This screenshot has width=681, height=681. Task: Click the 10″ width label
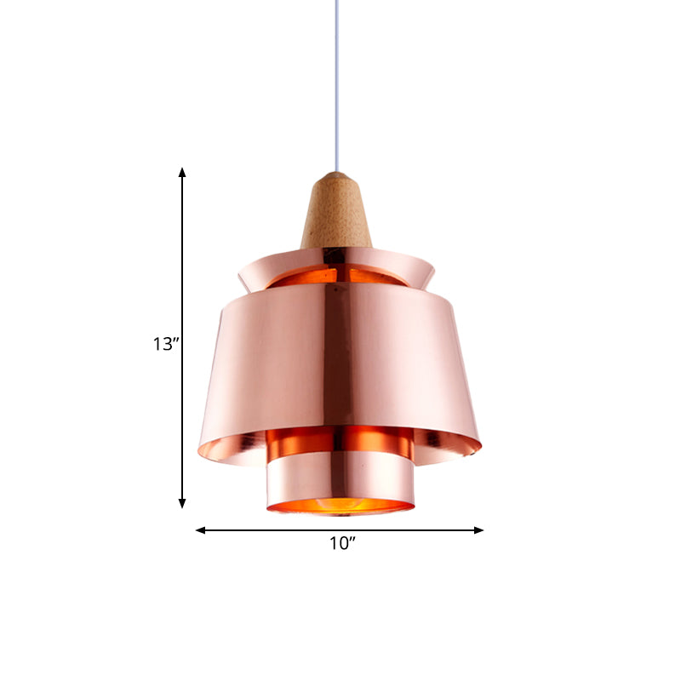pyautogui.click(x=342, y=544)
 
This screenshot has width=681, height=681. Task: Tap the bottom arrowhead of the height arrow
pyautogui.click(x=182, y=504)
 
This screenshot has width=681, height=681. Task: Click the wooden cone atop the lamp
pyautogui.click(x=336, y=217)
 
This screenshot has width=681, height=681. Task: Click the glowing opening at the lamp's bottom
pyautogui.click(x=340, y=507)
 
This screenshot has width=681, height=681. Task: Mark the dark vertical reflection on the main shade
pyautogui.click(x=338, y=358)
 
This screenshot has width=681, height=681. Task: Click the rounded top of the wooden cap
pyautogui.click(x=337, y=177)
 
